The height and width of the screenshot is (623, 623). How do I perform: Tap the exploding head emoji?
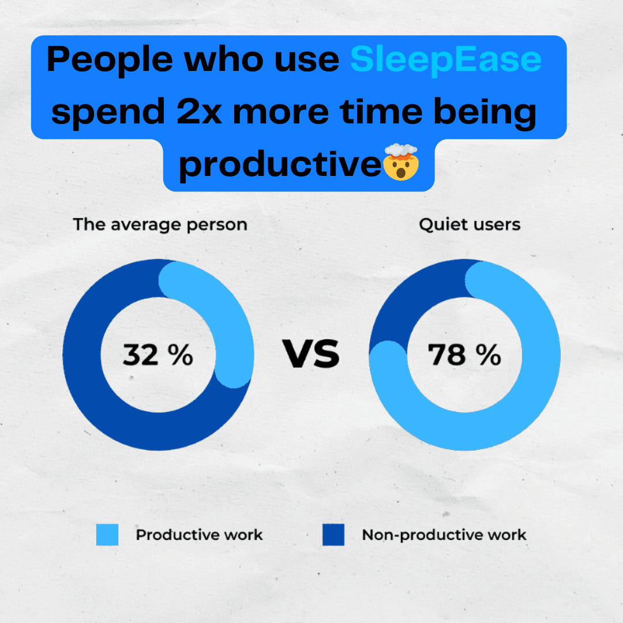(401, 162)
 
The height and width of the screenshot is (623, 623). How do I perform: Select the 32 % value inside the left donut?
(157, 354)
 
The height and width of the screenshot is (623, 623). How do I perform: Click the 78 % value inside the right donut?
(464, 354)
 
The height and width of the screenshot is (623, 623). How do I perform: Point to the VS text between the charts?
(311, 354)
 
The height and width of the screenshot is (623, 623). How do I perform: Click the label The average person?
(160, 225)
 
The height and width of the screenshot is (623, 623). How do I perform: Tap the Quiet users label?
(470, 224)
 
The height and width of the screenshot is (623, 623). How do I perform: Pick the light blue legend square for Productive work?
(107, 534)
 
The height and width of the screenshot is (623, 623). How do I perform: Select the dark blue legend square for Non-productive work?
(333, 534)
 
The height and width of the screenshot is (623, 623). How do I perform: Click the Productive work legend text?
(200, 535)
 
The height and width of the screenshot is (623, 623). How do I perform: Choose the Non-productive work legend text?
(444, 535)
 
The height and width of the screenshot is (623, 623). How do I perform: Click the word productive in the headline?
(280, 165)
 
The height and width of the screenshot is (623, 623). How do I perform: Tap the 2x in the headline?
(199, 112)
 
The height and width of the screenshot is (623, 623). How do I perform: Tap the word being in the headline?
(485, 113)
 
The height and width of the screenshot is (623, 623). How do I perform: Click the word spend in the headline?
(108, 113)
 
